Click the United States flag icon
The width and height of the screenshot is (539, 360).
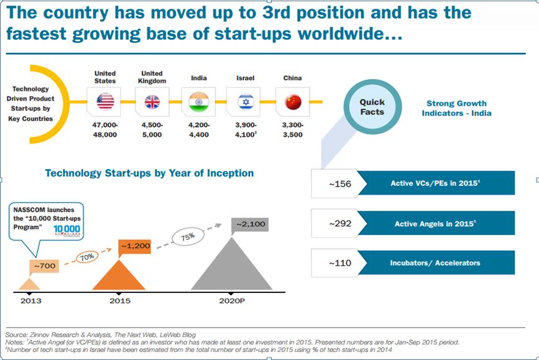(105, 101)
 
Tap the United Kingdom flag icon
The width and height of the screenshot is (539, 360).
(152, 101)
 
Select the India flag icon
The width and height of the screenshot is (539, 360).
(198, 101)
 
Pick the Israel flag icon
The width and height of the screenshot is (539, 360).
(245, 101)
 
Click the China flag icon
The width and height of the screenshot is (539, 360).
(292, 101)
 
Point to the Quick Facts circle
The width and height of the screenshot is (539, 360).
(372, 107)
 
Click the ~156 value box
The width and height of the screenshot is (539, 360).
(334, 183)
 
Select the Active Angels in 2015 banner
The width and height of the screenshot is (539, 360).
(436, 223)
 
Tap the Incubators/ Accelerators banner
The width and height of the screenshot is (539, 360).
(436, 262)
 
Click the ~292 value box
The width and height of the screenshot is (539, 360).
(334, 223)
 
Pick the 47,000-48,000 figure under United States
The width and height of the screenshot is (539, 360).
(105, 130)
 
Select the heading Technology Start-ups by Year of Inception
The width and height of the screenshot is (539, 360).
(149, 173)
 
